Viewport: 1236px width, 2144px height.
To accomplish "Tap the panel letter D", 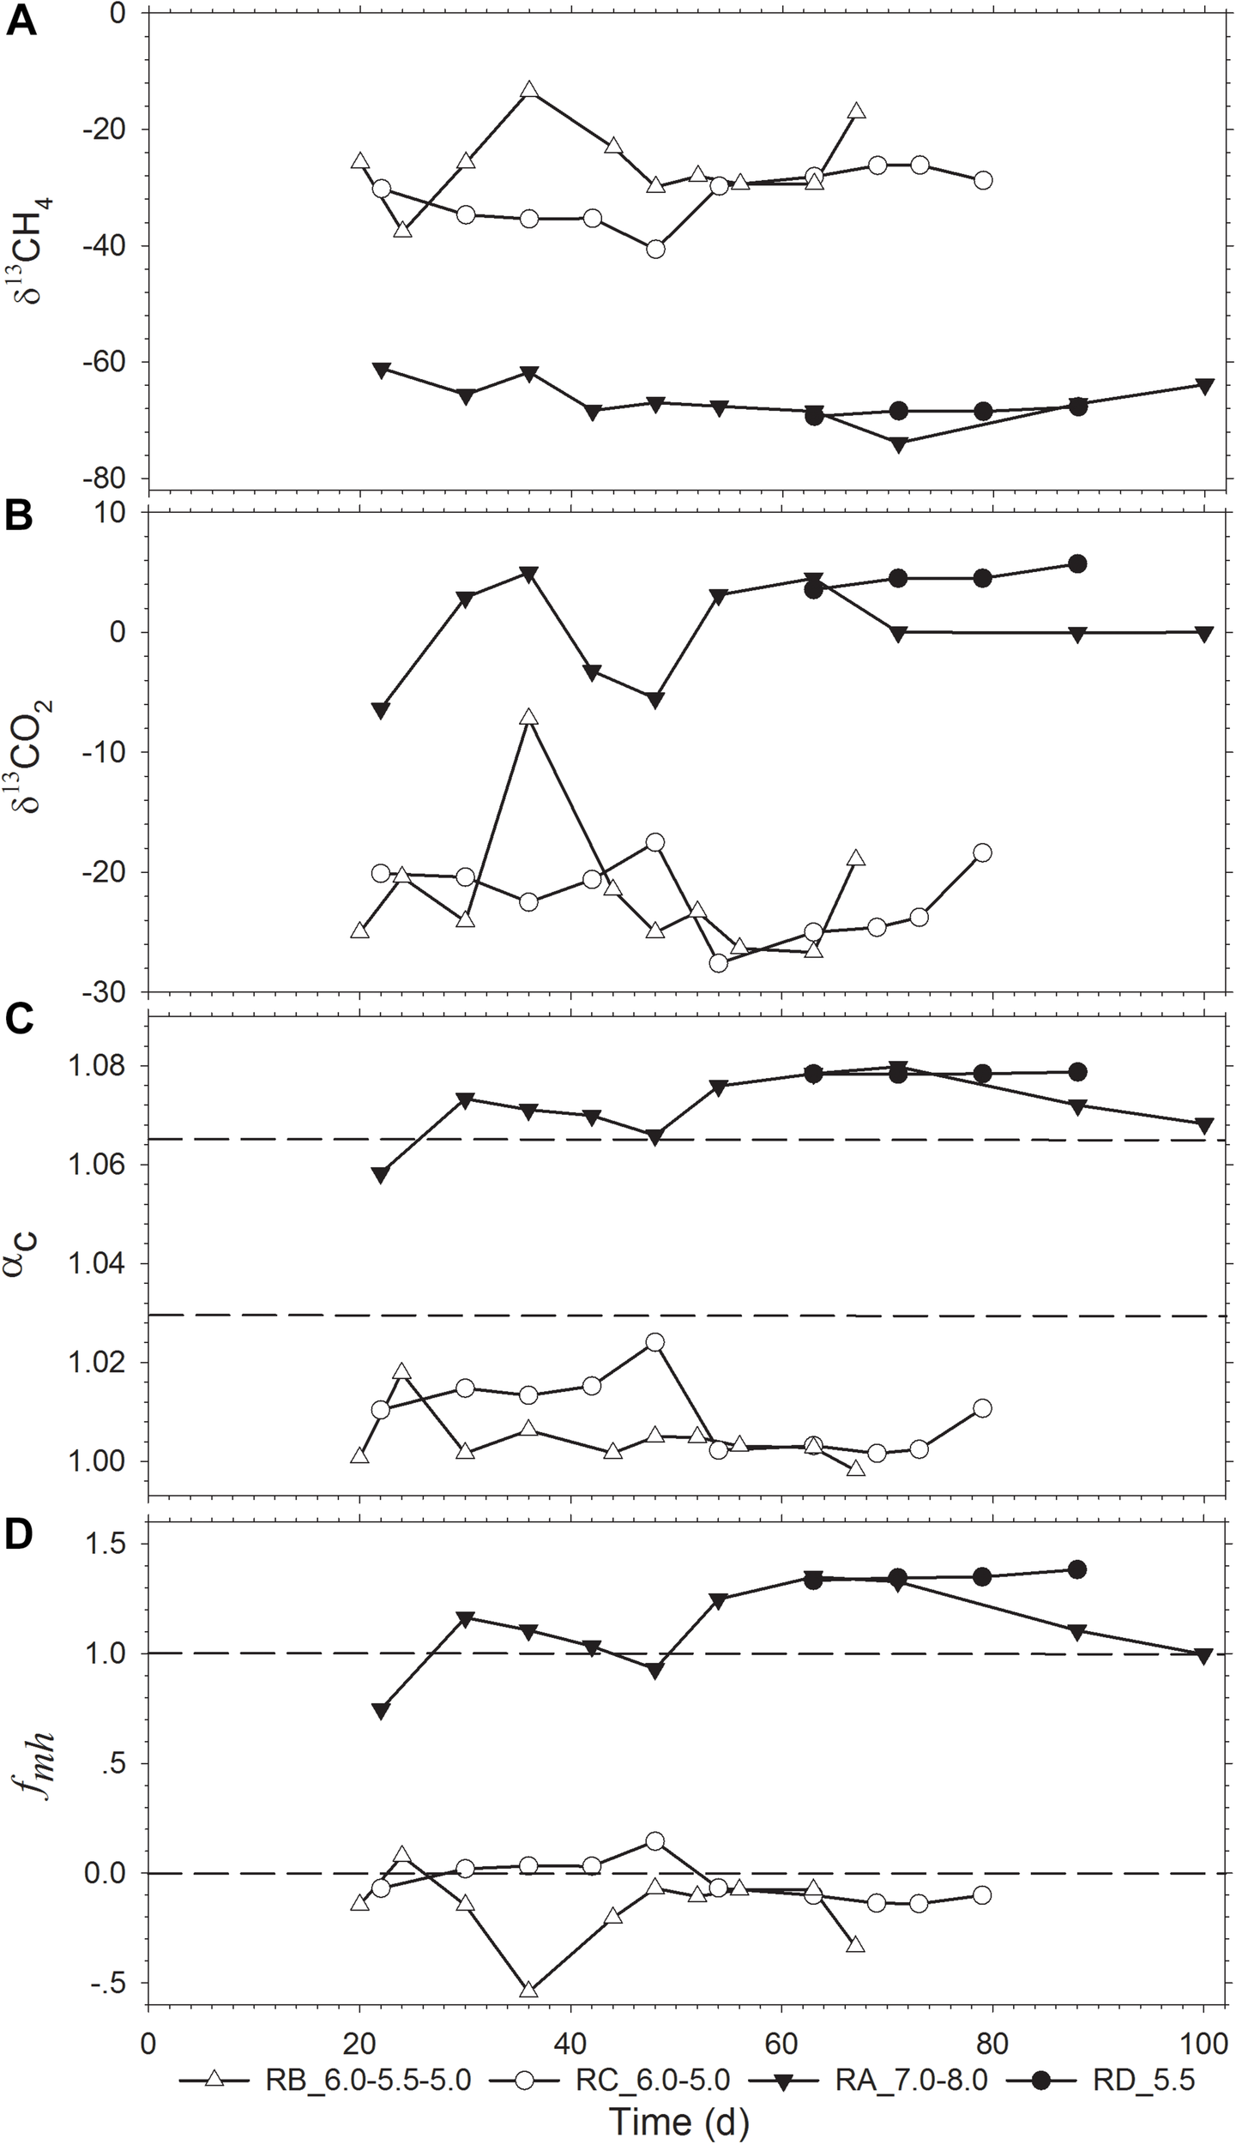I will pyautogui.click(x=20, y=1537).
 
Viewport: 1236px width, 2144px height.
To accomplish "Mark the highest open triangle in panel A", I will pyautogui.click(x=529, y=90).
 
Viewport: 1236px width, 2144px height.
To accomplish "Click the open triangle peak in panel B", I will pyautogui.click(x=529, y=717).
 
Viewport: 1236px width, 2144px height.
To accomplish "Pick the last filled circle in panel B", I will pyautogui.click(x=1078, y=563).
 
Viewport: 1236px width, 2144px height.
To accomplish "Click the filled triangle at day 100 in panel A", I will pyautogui.click(x=1204, y=386).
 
